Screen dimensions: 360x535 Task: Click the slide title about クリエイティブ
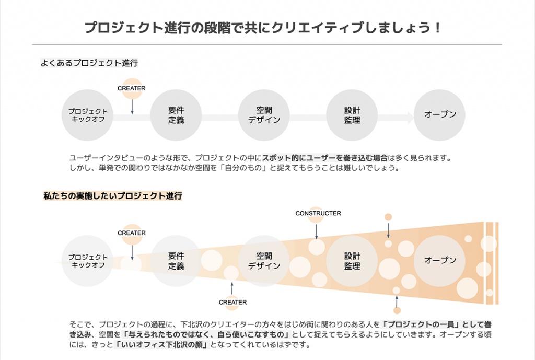point(263,28)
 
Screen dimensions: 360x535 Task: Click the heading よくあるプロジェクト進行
point(89,63)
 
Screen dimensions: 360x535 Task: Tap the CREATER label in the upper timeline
point(132,88)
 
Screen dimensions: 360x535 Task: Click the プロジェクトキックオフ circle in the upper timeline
point(88,115)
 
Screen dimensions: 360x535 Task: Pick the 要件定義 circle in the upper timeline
point(176,115)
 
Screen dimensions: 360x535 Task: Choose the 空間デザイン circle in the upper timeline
point(264,115)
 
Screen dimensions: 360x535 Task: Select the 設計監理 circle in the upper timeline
point(352,115)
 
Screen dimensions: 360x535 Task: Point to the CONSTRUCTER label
point(318,213)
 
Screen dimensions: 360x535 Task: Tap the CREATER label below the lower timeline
point(232,302)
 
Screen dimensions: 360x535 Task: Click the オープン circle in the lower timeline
point(440,260)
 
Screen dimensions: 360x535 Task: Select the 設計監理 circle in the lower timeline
point(352,260)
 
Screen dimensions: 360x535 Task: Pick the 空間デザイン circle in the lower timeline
point(264,260)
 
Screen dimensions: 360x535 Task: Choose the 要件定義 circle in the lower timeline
point(176,260)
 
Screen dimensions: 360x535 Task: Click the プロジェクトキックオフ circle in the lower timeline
point(88,260)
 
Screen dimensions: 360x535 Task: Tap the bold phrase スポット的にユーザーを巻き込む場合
point(324,157)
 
